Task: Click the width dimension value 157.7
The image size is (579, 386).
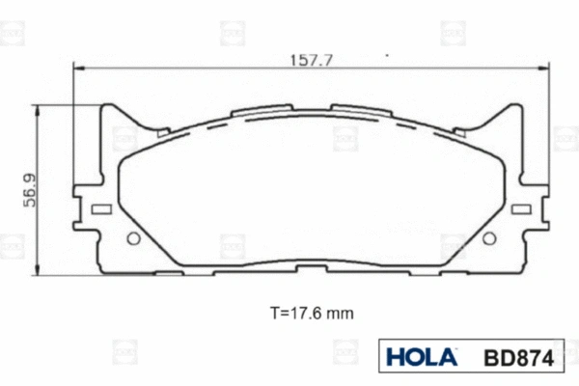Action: click(311, 60)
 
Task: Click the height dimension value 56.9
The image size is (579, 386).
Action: click(30, 189)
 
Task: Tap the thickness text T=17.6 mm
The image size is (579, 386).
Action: click(311, 314)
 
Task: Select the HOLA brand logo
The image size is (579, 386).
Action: click(421, 356)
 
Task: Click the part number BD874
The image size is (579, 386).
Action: click(516, 357)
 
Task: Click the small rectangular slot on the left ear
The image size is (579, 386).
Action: click(98, 209)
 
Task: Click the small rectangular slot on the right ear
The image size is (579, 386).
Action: click(522, 209)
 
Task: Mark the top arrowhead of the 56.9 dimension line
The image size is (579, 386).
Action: click(38, 108)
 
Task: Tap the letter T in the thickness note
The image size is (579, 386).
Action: click(274, 314)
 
